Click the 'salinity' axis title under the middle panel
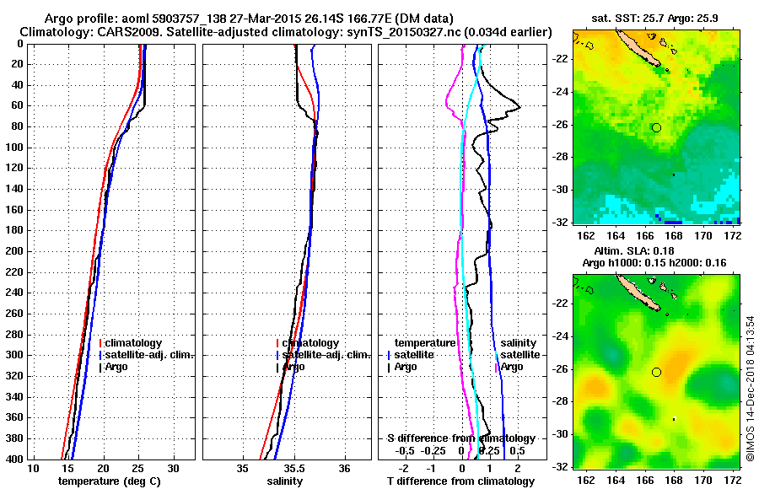pyautogui.click(x=285, y=481)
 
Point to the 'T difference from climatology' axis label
pyautogui.click(x=460, y=481)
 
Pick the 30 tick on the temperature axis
pyautogui.click(x=173, y=468)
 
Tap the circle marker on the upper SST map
pyautogui.click(x=657, y=127)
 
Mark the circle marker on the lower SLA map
pyautogui.click(x=657, y=372)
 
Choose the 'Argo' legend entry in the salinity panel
pyautogui.click(x=295, y=367)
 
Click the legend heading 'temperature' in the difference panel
pyautogui.click(x=424, y=343)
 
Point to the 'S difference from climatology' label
pyautogui.click(x=460, y=438)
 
